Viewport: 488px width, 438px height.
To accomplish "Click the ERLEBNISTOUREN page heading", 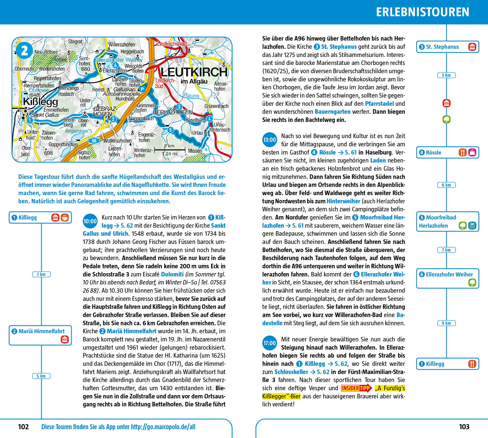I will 422,12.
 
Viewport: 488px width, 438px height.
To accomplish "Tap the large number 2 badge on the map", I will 24,50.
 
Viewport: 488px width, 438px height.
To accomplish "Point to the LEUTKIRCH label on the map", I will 194,72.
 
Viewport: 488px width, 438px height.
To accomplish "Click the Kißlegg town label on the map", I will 41,102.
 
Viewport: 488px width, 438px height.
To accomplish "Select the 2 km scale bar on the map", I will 169,150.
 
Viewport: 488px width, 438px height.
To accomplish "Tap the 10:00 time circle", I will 90,221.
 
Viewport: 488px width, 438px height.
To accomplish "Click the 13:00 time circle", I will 269,140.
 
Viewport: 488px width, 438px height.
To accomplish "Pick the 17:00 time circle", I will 269,343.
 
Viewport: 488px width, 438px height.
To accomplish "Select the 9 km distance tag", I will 446,323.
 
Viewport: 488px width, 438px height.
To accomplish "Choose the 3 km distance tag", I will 446,75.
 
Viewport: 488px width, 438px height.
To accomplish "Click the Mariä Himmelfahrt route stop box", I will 40,335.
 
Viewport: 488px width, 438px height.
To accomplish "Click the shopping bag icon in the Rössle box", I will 472,152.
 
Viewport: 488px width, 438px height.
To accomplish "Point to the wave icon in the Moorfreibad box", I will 472,225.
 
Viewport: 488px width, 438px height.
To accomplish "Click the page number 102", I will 23,427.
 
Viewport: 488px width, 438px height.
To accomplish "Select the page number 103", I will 464,427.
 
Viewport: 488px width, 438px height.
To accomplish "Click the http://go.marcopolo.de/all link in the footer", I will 163,427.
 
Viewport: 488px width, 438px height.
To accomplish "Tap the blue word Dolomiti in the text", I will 172,275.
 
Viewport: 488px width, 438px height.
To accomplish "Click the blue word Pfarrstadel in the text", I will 379,104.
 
